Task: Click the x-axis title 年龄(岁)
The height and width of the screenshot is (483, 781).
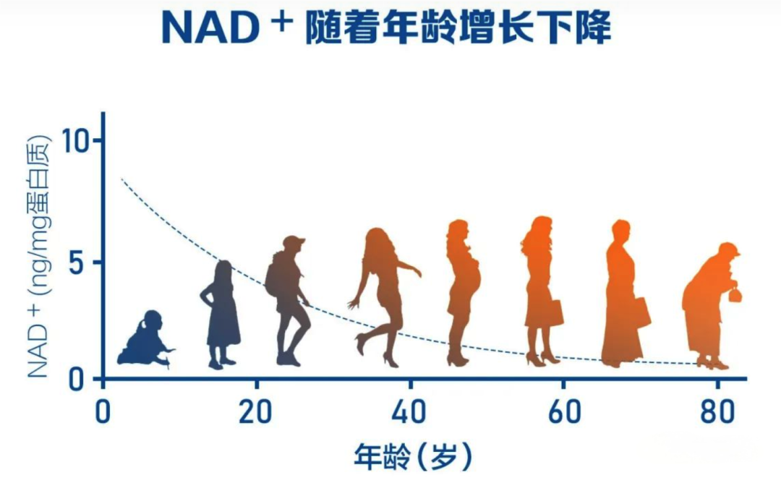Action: (x=413, y=456)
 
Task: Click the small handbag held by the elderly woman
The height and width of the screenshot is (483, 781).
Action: (x=735, y=294)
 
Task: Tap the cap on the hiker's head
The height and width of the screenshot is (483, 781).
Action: (x=294, y=241)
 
